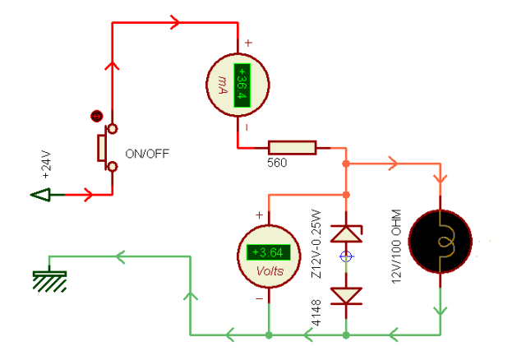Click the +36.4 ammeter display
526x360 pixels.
[242, 85]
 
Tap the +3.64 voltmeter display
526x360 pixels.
[269, 252]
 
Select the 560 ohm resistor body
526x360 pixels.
[293, 148]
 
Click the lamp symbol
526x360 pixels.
[441, 242]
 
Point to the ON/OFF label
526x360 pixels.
[147, 154]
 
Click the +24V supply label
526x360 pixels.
[47, 164]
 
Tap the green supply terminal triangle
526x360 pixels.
[40, 195]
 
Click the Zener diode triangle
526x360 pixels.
[346, 234]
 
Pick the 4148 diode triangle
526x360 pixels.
[346, 296]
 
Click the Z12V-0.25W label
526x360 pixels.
[316, 244]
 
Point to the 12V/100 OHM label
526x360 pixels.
[396, 247]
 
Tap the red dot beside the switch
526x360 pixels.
[97, 117]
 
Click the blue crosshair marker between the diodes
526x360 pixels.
[346, 256]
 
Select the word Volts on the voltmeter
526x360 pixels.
[270, 270]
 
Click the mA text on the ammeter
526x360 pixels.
[223, 84]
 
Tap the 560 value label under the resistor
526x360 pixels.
[277, 163]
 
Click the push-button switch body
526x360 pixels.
[102, 148]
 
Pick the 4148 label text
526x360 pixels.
[316, 313]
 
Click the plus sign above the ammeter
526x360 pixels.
[248, 43]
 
